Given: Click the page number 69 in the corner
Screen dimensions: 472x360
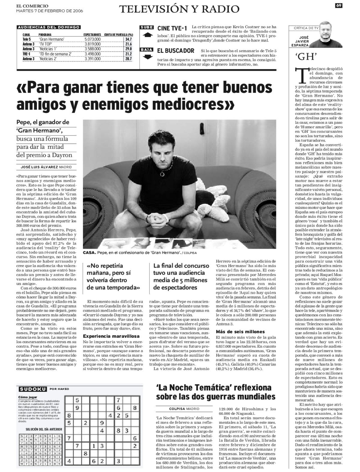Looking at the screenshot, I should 339,5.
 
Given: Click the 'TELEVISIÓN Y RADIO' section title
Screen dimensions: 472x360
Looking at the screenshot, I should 179,9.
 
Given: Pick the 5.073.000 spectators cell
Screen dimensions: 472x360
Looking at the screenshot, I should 92,39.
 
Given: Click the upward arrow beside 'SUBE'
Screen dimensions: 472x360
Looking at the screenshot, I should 146,35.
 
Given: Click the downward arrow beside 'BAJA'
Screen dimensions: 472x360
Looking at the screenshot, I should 146,57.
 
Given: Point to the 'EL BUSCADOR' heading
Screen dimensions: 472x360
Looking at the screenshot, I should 175,51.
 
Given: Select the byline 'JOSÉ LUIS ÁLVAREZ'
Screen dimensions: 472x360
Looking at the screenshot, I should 39,167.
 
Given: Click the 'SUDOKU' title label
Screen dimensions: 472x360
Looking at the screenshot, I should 33,389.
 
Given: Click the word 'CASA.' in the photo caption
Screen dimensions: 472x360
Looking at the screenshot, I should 89,253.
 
